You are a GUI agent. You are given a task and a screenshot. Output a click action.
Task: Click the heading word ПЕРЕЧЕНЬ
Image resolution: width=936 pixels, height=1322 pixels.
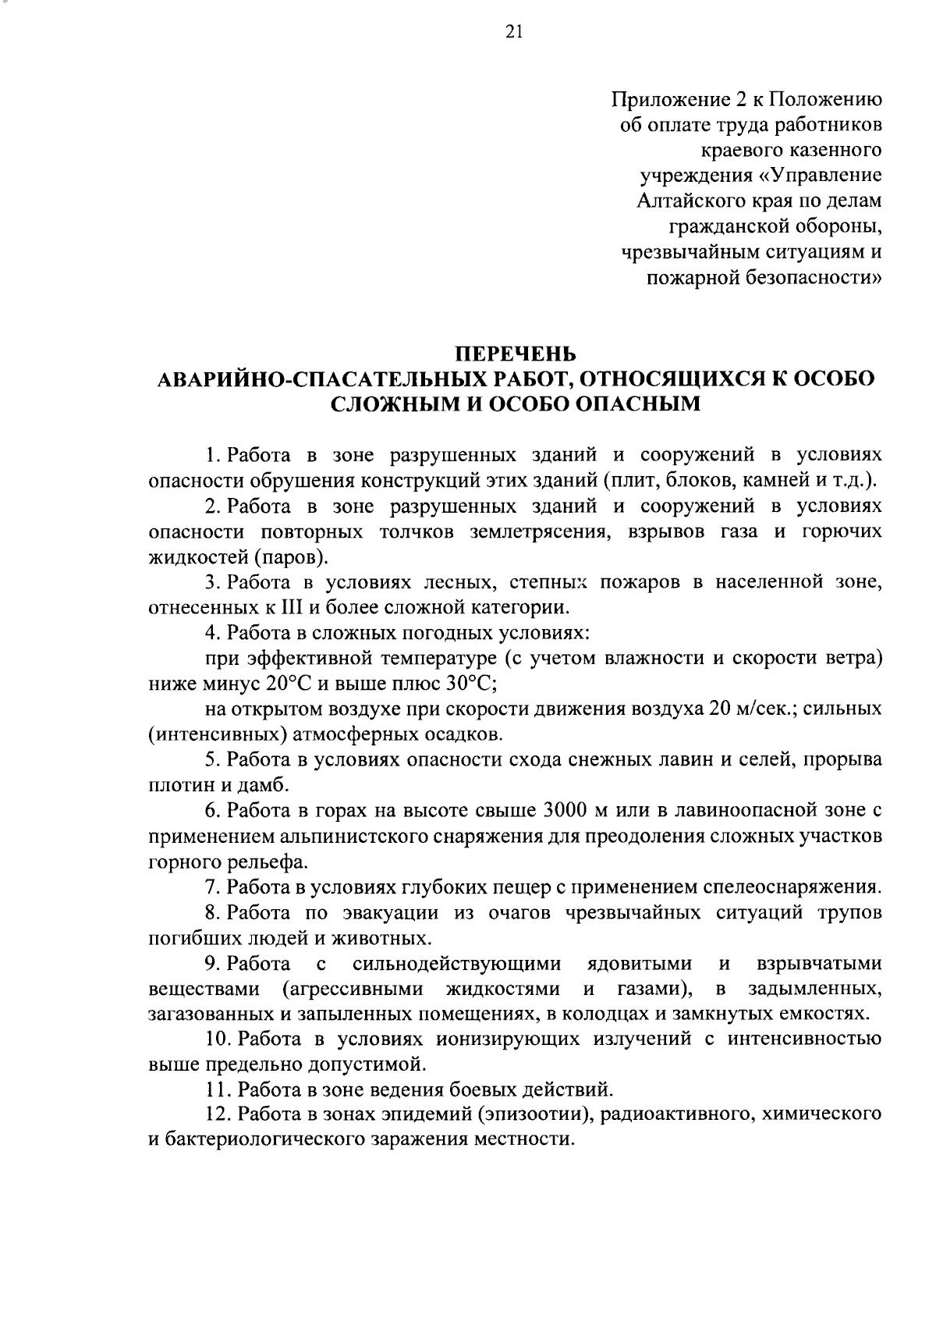coord(516,354)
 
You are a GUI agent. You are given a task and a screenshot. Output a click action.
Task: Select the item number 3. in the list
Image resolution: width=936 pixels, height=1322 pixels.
coord(211,582)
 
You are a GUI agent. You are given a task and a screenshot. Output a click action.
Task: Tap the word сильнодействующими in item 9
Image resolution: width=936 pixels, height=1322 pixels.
coord(456,964)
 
